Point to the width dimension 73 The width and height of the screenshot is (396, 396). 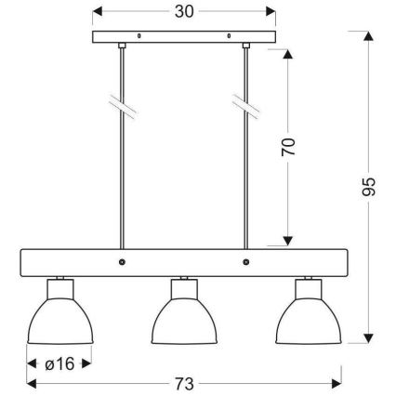185,382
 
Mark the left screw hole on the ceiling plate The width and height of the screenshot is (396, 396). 139,38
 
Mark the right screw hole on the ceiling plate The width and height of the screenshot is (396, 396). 231,38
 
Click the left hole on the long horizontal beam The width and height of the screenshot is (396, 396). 123,263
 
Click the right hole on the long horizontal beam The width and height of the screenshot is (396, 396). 245,263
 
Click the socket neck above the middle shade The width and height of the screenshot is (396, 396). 185,281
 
